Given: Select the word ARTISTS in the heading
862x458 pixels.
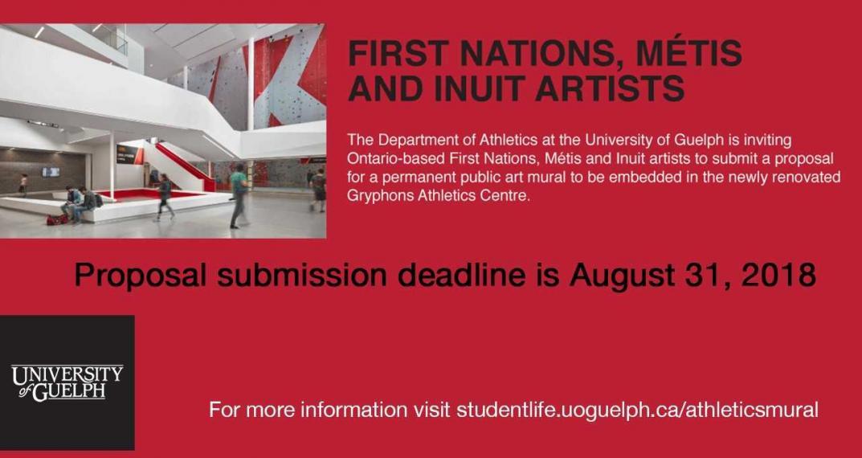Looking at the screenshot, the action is (610, 88).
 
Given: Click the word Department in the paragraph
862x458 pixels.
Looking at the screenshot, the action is (405, 141).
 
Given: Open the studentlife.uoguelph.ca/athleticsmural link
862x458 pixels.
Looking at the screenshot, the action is (637, 410).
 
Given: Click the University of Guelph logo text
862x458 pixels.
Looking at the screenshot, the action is (67, 382).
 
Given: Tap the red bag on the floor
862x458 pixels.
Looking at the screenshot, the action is (56, 219).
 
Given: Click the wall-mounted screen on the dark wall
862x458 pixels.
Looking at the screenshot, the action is (51, 172).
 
